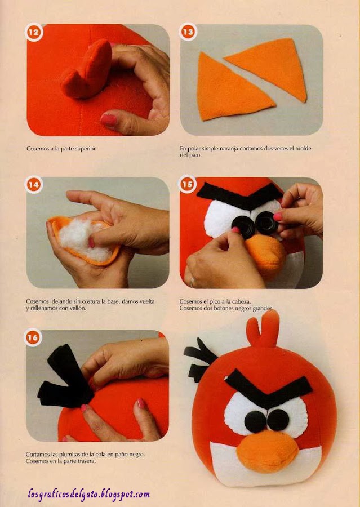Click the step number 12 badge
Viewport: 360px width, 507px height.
coord(34,32)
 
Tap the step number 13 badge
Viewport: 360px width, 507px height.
coord(188,32)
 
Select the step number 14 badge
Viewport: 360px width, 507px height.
coord(34,185)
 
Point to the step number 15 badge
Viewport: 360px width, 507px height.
coord(187,184)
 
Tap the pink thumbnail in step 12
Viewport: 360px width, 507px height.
coord(109,121)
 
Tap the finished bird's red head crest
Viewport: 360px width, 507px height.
coord(263,329)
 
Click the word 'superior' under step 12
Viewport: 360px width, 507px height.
coord(86,149)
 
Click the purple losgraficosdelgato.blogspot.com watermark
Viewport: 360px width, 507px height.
coord(88,495)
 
